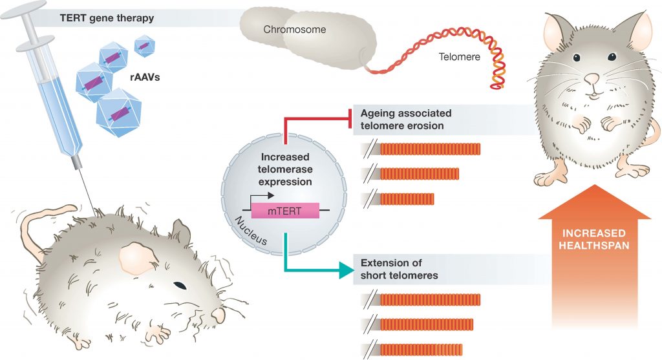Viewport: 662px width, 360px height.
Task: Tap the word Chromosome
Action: point(294,30)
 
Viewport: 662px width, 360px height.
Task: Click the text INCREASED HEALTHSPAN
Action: point(593,238)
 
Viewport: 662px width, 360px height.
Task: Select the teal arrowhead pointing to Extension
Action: point(348,270)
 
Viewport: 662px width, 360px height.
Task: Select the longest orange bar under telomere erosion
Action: point(431,149)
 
